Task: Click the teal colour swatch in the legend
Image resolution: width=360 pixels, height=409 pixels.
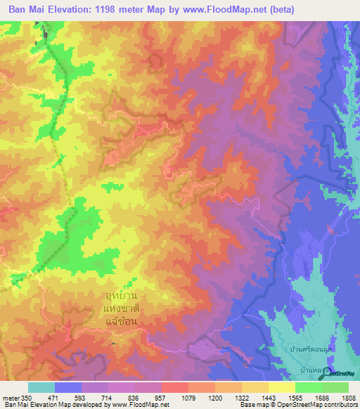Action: tap(41, 387)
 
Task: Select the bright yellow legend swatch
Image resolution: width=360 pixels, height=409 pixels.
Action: tap(282, 387)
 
